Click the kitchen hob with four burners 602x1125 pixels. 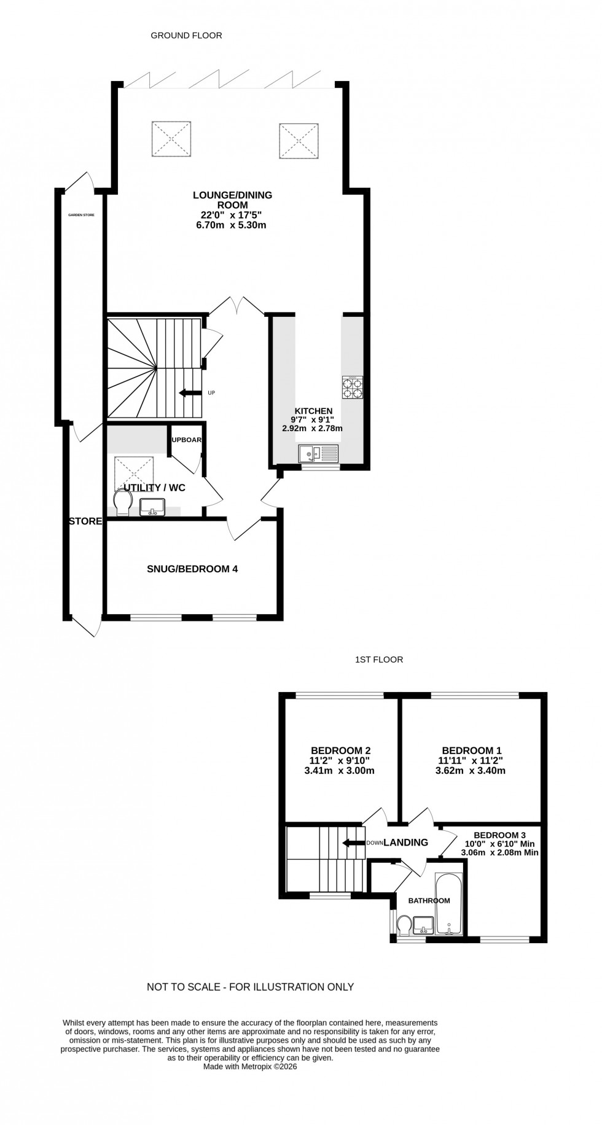coord(352,387)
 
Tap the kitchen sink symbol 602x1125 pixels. coord(318,454)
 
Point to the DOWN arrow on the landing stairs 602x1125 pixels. coord(354,843)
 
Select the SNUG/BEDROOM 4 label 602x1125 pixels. coord(192,569)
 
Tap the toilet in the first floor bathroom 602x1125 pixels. coord(404,924)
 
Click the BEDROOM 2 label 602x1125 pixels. coord(340,750)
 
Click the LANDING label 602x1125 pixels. coord(405,843)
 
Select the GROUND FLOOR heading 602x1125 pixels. coord(186,36)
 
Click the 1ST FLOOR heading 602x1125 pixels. coord(379,660)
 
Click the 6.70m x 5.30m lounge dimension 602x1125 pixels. coord(232,225)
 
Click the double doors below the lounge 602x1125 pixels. coord(236,305)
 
